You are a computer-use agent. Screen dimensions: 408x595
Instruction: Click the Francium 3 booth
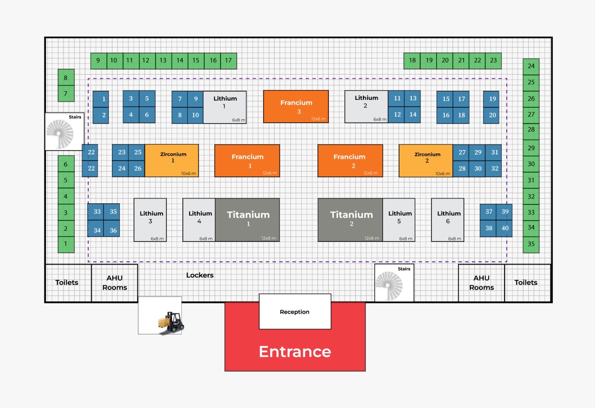296,107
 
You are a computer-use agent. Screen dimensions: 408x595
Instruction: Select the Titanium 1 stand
248,220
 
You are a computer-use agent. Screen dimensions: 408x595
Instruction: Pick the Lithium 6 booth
448,220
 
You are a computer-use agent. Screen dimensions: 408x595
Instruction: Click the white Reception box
295,311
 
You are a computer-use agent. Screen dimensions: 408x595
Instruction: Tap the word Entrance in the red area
295,352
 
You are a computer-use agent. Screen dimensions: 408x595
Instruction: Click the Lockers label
200,275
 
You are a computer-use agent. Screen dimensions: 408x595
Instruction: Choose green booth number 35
531,244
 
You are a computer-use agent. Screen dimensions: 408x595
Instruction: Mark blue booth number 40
505,228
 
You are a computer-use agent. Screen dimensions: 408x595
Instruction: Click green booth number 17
228,61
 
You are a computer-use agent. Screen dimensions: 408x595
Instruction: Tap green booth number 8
66,78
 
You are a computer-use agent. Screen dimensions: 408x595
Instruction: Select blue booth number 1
101,99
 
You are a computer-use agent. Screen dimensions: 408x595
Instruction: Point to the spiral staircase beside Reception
389,285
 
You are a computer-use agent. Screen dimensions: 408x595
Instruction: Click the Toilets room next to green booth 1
67,283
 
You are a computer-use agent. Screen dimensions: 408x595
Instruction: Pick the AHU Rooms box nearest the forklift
115,283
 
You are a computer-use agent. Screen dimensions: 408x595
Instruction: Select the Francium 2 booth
350,161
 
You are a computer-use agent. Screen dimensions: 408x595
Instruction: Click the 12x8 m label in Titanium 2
372,238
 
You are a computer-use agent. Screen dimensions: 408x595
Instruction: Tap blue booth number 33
97,212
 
